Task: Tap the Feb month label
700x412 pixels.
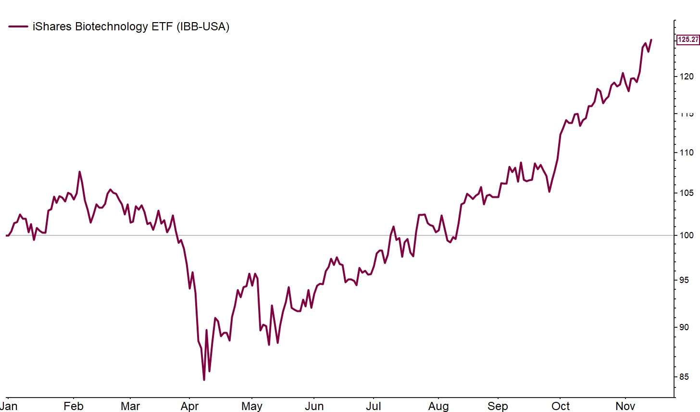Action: point(73,406)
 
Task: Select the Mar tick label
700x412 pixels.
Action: point(130,406)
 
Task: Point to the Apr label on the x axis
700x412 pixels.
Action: point(190,406)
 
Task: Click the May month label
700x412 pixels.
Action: point(251,406)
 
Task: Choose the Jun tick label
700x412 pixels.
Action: point(314,406)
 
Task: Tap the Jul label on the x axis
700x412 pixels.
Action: point(374,406)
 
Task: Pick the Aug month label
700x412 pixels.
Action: point(438,406)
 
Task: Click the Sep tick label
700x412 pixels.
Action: point(498,406)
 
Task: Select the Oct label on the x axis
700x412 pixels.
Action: point(561,406)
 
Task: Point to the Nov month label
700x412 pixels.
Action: point(625,406)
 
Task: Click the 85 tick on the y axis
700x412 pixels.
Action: point(684,377)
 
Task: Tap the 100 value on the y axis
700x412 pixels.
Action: point(686,235)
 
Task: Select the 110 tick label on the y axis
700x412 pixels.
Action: point(686,153)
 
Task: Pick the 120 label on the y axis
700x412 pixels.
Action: point(686,77)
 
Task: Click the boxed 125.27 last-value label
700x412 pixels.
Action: point(687,39)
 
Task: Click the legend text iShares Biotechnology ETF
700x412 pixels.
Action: point(131,26)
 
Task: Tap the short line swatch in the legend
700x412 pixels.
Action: point(18,26)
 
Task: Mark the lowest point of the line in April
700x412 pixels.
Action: point(204,380)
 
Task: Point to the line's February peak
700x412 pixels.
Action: point(79,172)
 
